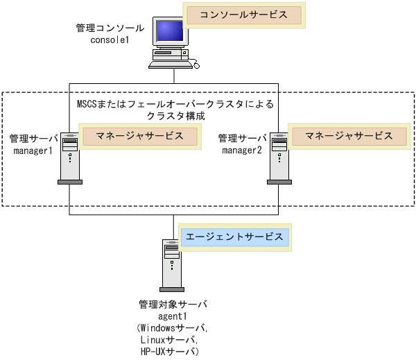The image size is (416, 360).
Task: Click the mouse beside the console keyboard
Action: coord(197,66)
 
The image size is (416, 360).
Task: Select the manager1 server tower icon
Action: coord(69,157)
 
